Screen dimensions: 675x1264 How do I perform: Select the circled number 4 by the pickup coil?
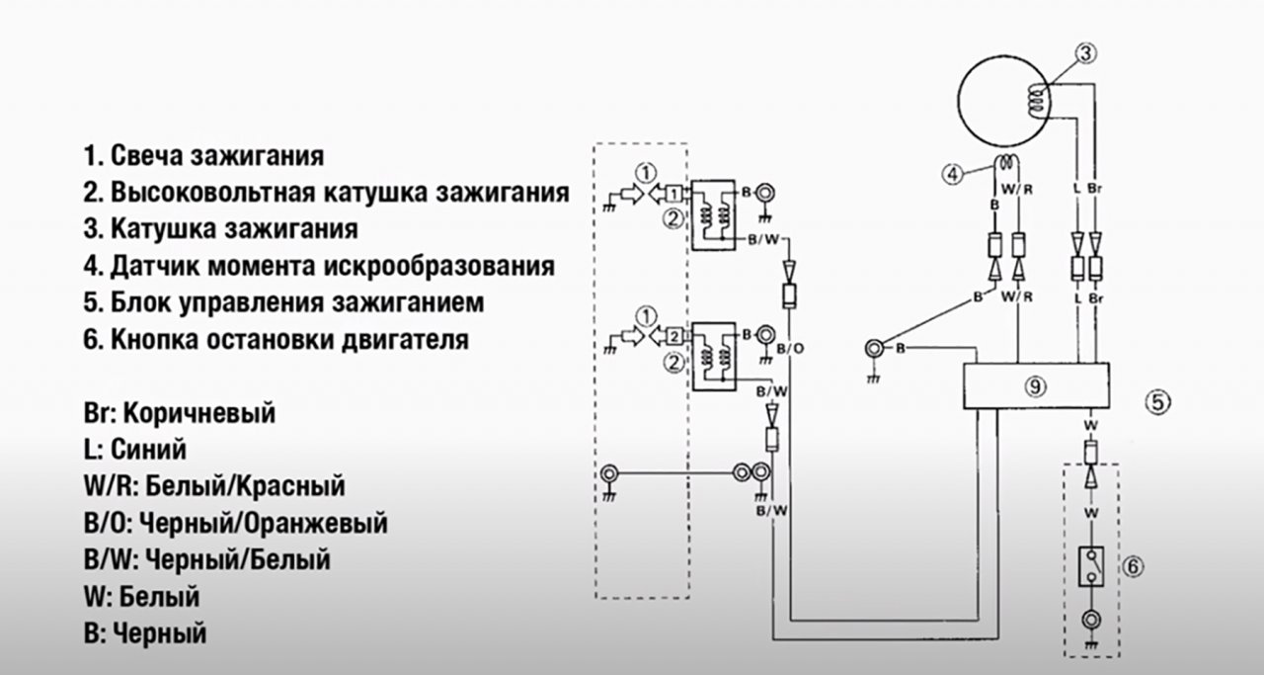coord(952,175)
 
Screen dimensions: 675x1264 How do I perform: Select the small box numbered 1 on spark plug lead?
coord(672,193)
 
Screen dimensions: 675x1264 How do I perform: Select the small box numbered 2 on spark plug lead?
coord(672,333)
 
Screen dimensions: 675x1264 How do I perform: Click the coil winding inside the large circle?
coord(1035,97)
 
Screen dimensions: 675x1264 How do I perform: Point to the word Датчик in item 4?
coord(153,265)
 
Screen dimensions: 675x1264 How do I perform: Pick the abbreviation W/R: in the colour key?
coord(110,486)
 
